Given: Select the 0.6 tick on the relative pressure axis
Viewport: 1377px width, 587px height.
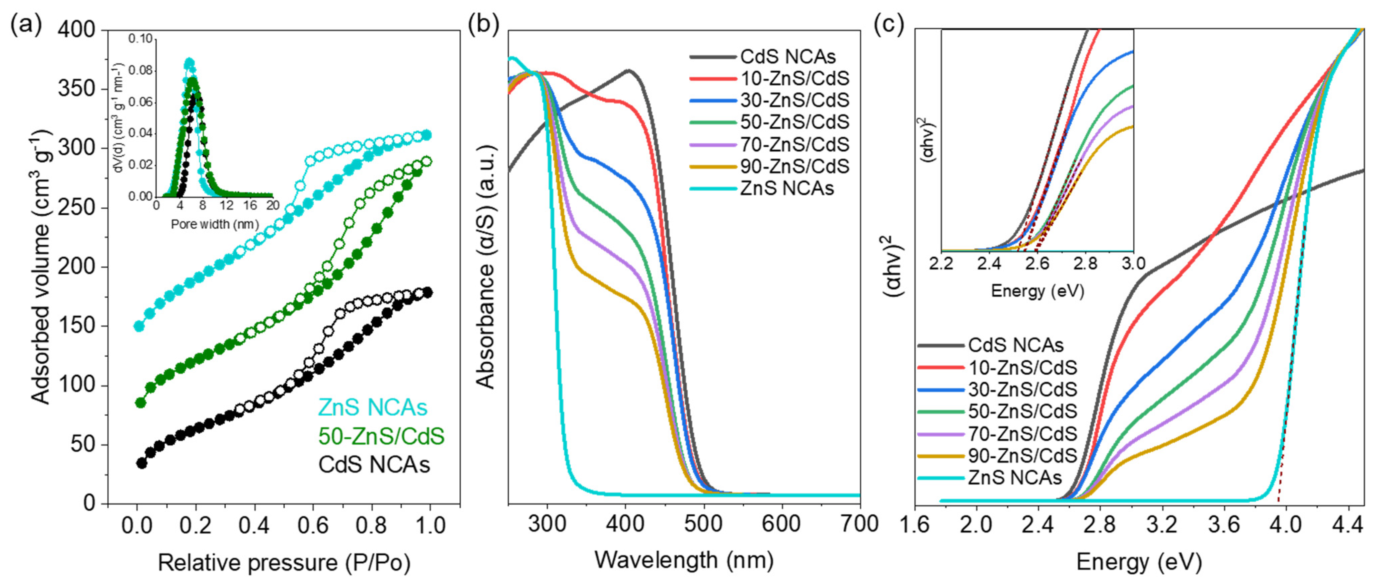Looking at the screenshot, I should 313,525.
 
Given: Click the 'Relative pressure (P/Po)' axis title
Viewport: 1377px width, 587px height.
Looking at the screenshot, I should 284,563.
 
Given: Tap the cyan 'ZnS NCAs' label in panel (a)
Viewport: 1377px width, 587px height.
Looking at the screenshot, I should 373,408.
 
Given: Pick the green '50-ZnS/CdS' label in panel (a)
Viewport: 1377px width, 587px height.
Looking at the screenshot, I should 381,436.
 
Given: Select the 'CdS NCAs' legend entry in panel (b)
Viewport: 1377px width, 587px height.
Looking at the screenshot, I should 787,57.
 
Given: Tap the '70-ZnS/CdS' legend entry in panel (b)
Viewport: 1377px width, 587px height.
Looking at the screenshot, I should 794,144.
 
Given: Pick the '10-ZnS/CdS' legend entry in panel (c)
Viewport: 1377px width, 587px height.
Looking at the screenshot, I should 1022,367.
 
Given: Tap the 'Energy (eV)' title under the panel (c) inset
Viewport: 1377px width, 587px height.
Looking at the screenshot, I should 1037,291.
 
